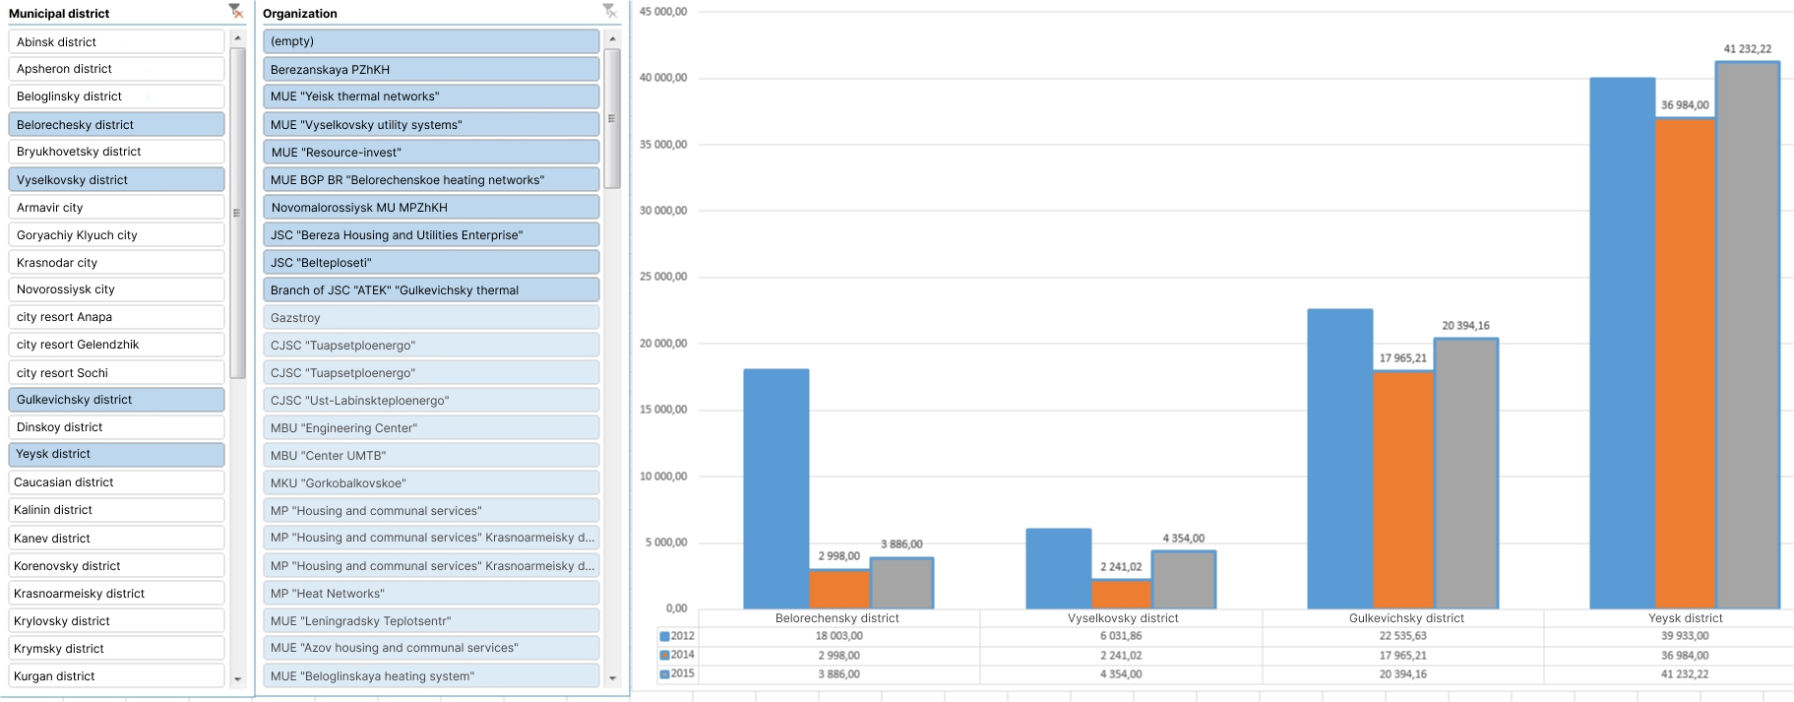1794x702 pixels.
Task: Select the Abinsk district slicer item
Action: [x=115, y=42]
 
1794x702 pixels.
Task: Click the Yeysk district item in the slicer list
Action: [x=115, y=454]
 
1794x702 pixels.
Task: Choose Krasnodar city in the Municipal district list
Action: [x=115, y=263]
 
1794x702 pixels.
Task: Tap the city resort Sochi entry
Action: [x=115, y=373]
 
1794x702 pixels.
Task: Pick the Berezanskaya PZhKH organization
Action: [x=430, y=70]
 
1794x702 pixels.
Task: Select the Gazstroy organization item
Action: [x=430, y=318]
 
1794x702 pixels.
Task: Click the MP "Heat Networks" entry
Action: [x=430, y=594]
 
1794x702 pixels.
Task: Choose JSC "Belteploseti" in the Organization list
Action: [x=430, y=263]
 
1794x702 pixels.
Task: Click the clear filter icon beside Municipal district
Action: [x=235, y=12]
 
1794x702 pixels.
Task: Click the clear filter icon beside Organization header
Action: [x=610, y=12]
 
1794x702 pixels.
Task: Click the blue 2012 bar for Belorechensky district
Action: [x=775, y=488]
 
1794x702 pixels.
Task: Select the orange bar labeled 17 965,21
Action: [x=1402, y=489]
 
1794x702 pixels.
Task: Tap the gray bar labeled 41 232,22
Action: [x=1747, y=335]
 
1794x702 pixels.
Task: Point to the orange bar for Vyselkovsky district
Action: [x=1120, y=594]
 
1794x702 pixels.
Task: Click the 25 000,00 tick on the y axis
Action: [x=663, y=277]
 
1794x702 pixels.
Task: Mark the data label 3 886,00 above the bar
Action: [x=901, y=544]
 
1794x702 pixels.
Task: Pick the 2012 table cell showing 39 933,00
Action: [x=1684, y=636]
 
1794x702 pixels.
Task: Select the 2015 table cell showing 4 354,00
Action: [x=1122, y=674]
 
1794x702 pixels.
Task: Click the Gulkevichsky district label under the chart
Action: [x=1405, y=618]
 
